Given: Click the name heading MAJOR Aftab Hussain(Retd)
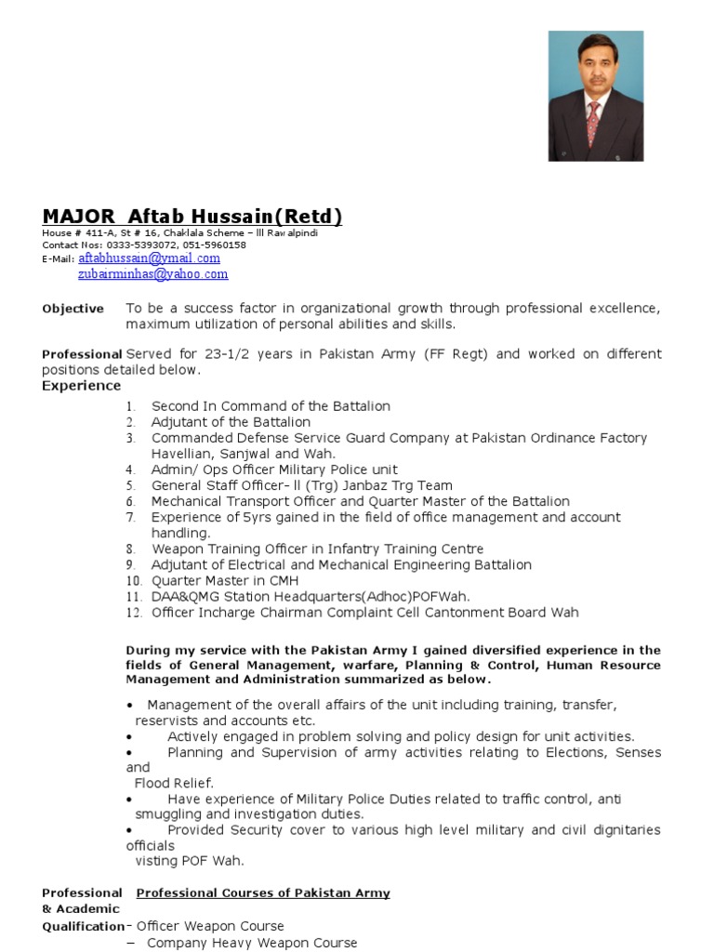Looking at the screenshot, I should (192, 217).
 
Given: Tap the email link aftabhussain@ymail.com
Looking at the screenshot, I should (149, 258).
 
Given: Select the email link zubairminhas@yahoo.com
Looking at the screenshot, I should (152, 274).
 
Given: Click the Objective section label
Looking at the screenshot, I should (73, 309).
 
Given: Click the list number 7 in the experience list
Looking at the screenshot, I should (131, 518).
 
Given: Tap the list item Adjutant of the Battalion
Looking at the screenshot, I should (231, 422).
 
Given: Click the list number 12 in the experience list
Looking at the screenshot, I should (134, 613).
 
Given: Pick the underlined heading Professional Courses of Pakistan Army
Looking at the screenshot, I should (263, 893).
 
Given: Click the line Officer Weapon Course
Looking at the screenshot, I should (210, 926).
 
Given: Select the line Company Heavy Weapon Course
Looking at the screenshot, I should (252, 943).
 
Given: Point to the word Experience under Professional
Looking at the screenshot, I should (81, 386).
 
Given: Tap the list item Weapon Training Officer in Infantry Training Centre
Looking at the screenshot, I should (317, 549).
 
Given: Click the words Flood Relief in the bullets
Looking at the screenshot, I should (174, 783).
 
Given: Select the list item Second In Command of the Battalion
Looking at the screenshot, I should (271, 406).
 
